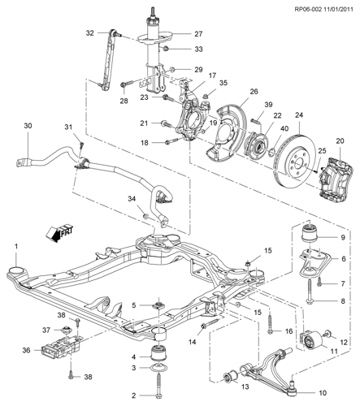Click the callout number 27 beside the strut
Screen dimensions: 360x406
point(198,34)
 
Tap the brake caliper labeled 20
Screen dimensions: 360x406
point(336,181)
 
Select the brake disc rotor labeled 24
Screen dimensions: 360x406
point(295,162)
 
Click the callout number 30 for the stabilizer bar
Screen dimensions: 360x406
point(28,126)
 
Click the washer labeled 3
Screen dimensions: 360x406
point(158,368)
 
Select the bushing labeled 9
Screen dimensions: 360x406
point(309,232)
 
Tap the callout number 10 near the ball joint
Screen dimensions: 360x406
point(323,392)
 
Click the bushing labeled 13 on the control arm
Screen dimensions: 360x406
point(230,377)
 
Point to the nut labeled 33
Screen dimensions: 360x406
point(167,49)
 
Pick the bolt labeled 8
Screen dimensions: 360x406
point(310,291)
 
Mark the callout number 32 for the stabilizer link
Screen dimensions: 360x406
point(89,33)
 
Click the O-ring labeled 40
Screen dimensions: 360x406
point(271,153)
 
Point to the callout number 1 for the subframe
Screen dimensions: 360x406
point(16,247)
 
